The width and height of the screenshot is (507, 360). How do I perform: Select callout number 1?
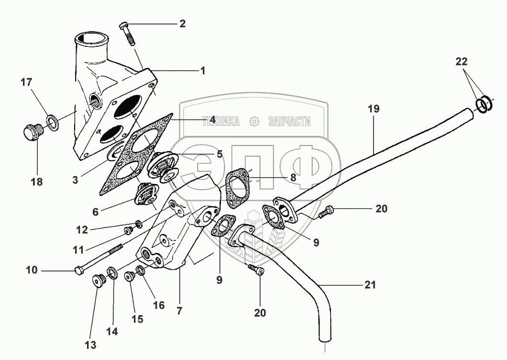point(203,71)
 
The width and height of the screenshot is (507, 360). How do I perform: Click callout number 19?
point(374,109)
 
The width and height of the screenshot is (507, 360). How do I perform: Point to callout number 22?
point(461,61)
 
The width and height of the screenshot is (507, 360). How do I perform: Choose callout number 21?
point(370,285)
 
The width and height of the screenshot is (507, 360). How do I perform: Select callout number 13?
point(91,344)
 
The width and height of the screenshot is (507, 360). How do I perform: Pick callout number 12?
point(82,230)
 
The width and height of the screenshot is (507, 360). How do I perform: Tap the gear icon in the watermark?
point(254,122)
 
